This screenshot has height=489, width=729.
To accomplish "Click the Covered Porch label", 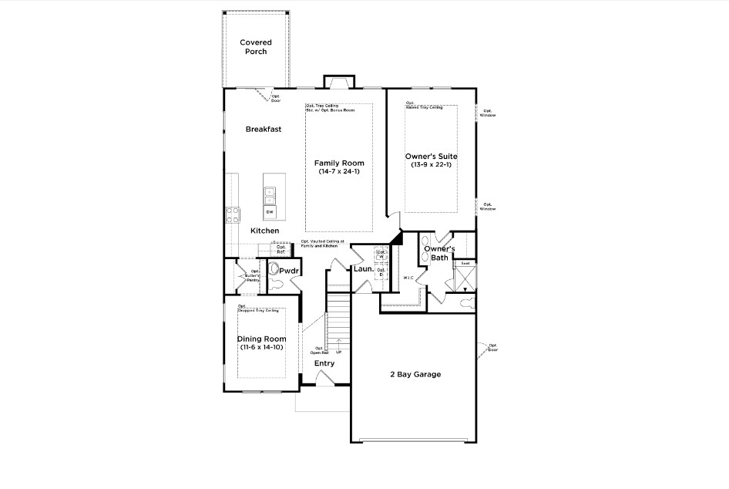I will tap(254, 47).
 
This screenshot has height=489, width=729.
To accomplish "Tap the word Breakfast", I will tap(264, 130).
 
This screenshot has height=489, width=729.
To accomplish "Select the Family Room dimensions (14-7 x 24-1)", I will tap(339, 172).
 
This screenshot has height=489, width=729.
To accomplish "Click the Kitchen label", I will tap(264, 231).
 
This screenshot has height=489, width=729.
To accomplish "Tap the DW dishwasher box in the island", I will tap(270, 211).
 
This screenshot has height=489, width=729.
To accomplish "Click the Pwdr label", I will tap(289, 271).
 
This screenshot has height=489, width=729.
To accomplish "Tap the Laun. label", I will tap(363, 269).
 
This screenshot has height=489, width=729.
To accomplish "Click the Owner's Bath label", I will tap(439, 253).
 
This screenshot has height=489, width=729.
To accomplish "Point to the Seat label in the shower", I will tap(465, 263).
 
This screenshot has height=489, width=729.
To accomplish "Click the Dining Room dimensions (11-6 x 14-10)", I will tap(261, 348).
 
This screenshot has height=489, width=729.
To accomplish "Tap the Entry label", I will tap(324, 363).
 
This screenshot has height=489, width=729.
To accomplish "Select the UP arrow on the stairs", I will tap(338, 351).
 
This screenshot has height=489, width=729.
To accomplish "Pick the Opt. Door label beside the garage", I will tap(492, 347).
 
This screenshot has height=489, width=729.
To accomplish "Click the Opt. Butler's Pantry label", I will tap(254, 276).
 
